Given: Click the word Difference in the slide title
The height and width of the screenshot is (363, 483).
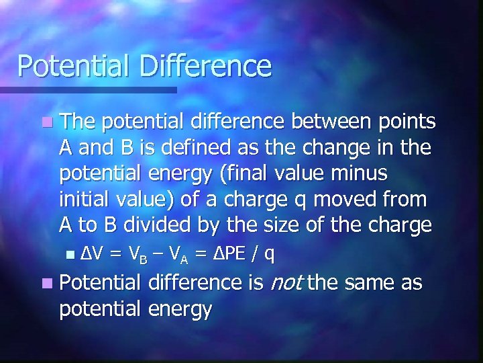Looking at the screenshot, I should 205,67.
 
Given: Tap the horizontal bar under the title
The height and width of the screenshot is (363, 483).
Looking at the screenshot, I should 88,89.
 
